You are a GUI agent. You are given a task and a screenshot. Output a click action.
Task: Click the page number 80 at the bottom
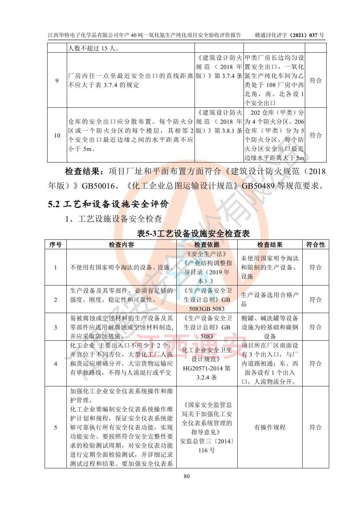(x=187, y=476)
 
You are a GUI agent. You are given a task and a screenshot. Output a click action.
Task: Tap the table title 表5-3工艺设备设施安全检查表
(x=193, y=233)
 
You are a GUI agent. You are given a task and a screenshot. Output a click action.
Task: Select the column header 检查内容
(x=121, y=245)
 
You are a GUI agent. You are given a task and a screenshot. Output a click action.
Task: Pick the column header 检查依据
(x=206, y=245)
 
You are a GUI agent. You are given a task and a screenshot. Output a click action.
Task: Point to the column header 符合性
(x=315, y=245)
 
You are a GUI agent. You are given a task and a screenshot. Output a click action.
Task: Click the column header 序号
(x=56, y=245)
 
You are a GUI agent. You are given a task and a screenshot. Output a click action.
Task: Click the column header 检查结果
(x=270, y=245)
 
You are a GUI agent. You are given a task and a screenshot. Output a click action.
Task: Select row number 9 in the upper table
(x=57, y=81)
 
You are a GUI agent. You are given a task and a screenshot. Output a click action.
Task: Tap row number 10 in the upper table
(x=57, y=135)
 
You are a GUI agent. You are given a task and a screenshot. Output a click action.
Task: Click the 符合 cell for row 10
(x=315, y=135)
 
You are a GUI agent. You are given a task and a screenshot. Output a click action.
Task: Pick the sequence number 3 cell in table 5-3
(x=56, y=327)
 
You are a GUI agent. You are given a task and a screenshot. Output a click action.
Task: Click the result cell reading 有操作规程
(x=270, y=427)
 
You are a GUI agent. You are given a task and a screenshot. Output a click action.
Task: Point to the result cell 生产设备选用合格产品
(x=270, y=299)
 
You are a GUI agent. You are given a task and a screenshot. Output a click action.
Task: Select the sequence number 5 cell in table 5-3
(x=56, y=427)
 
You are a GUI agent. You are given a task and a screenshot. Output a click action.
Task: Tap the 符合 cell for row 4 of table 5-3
(x=315, y=364)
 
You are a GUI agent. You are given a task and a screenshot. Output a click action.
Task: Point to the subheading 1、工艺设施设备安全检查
(x=113, y=219)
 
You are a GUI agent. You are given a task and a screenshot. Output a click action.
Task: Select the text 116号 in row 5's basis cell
(x=206, y=451)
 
